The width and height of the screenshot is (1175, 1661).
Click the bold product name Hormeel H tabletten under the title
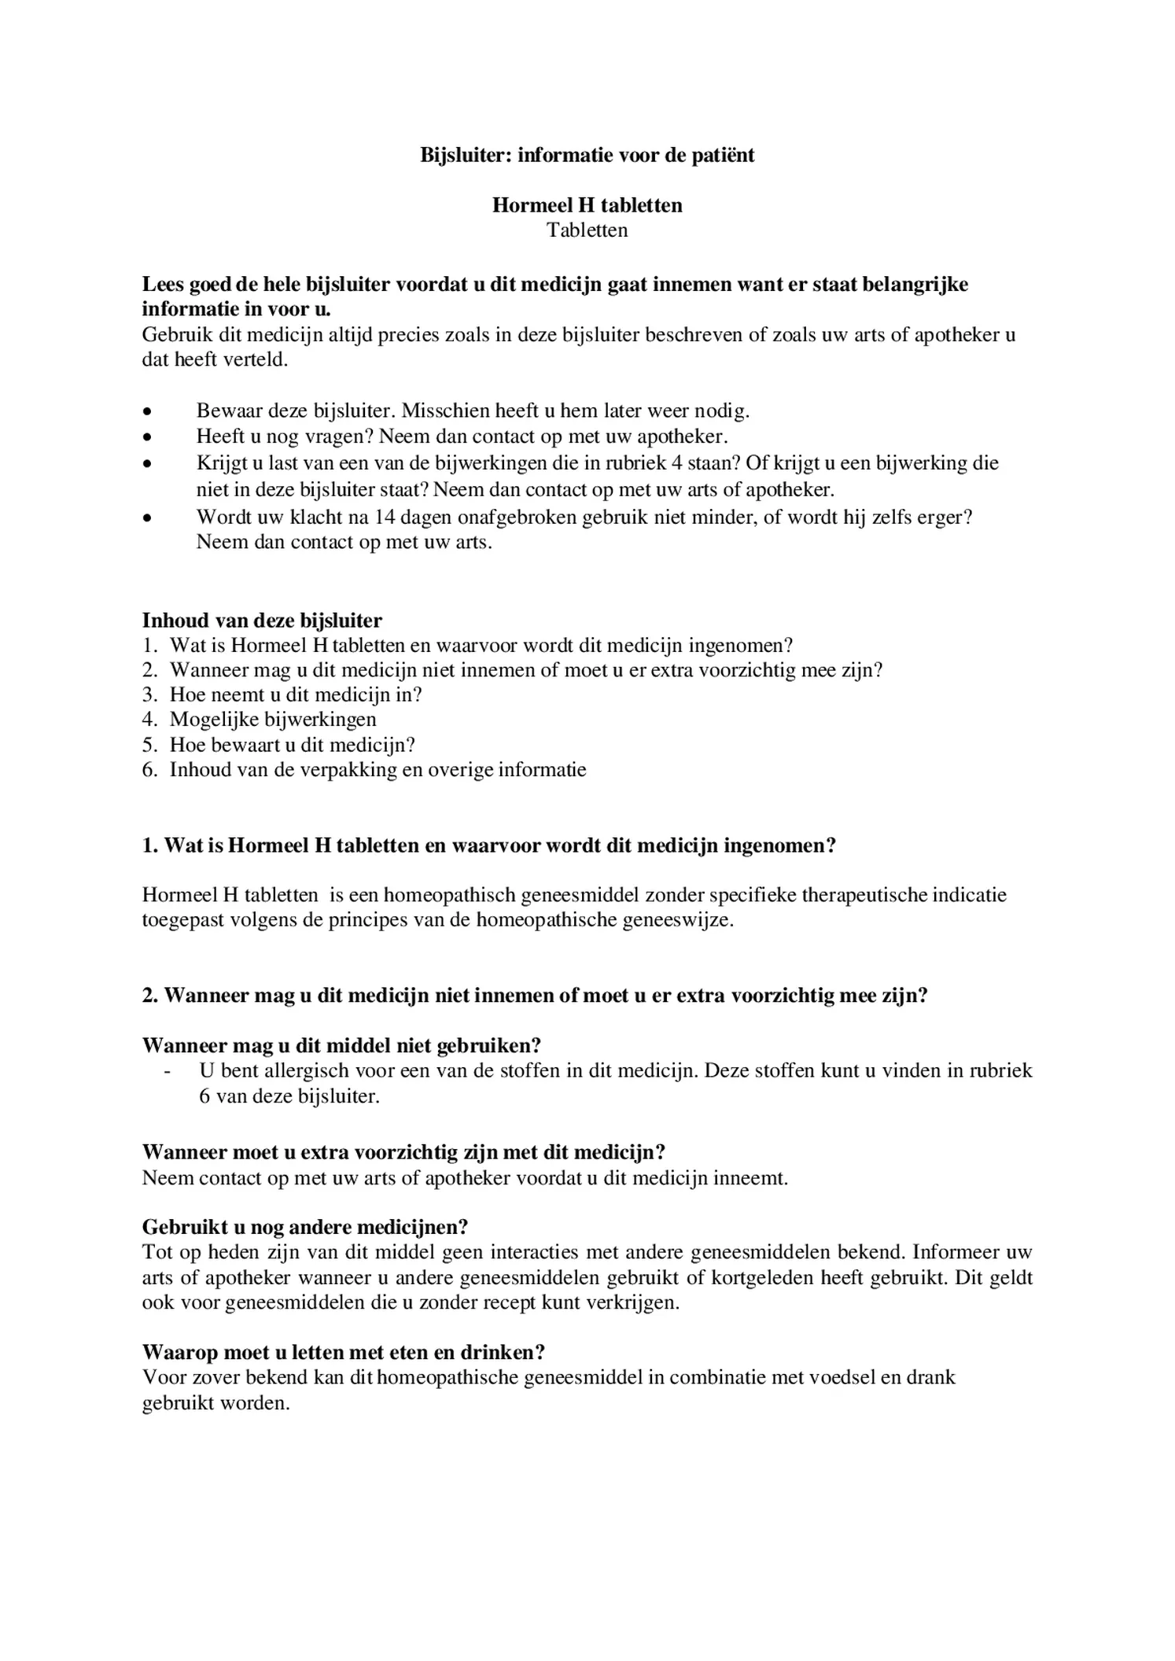click(x=587, y=205)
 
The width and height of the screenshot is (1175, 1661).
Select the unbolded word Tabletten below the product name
click(x=587, y=230)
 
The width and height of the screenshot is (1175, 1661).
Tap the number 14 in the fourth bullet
click(x=384, y=517)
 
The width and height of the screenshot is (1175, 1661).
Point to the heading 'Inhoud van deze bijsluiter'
click(x=262, y=621)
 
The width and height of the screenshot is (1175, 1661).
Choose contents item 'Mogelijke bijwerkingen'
click(x=273, y=719)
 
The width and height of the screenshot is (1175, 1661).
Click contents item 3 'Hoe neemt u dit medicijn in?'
click(x=296, y=694)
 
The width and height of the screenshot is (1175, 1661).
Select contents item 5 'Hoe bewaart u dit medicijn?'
click(x=292, y=744)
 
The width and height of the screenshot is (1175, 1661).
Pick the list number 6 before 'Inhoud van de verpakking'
click(x=149, y=769)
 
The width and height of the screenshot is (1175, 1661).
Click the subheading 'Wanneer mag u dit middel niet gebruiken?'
click(x=341, y=1045)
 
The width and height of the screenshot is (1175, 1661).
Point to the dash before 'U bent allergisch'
click(x=168, y=1071)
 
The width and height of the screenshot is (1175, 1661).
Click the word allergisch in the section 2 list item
click(x=307, y=1070)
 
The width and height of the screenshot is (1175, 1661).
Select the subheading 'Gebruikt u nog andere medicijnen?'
click(x=305, y=1227)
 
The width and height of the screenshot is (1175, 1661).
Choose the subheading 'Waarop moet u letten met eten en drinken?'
click(x=344, y=1352)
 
